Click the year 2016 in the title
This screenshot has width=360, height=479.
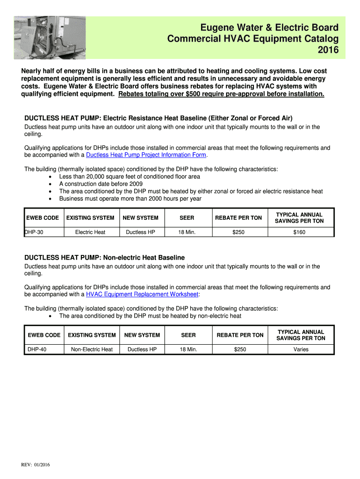coord(328,50)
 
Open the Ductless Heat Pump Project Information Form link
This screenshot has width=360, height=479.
coord(146,155)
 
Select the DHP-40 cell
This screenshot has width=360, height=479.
coord(37,349)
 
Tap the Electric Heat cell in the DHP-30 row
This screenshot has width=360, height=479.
coord(90,232)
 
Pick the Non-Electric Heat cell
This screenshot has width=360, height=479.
coord(92,349)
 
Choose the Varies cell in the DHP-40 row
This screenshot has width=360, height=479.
coord(301,349)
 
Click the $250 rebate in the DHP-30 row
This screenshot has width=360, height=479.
coord(238,232)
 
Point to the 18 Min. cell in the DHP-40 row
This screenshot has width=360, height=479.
coord(188,349)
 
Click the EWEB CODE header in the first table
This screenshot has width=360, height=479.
coord(43,218)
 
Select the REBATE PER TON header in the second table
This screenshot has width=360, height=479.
coord(240,335)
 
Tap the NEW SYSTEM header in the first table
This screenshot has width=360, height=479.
coord(140,218)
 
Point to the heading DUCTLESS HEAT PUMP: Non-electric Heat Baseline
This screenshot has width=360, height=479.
coord(104,258)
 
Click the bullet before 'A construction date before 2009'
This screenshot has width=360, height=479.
coord(50,184)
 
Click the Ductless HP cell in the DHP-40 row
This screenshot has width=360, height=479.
coord(142,349)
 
